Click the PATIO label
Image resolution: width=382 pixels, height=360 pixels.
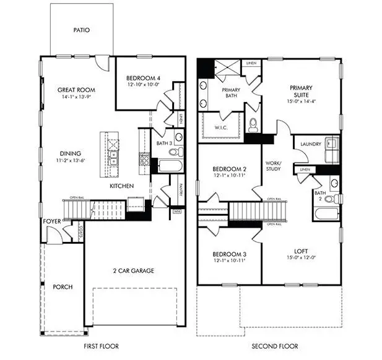pyautogui.click(x=82, y=30)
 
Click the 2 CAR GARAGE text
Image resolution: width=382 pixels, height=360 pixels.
pyautogui.click(x=133, y=270)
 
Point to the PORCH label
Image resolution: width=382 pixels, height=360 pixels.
pyautogui.click(x=63, y=287)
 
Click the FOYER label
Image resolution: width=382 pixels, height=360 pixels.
pyautogui.click(x=51, y=221)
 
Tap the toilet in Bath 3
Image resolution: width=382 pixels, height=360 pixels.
pyautogui.click(x=173, y=151)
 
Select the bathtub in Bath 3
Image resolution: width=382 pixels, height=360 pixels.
pyautogui.click(x=168, y=165)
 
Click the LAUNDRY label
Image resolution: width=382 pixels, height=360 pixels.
pyautogui.click(x=311, y=144)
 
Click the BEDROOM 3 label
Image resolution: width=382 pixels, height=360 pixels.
pyautogui.click(x=230, y=254)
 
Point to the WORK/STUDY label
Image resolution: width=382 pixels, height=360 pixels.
pyautogui.click(x=274, y=165)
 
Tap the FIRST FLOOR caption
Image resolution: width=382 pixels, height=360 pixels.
pyautogui.click(x=101, y=346)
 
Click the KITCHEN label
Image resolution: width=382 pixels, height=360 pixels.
pyautogui.click(x=123, y=186)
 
